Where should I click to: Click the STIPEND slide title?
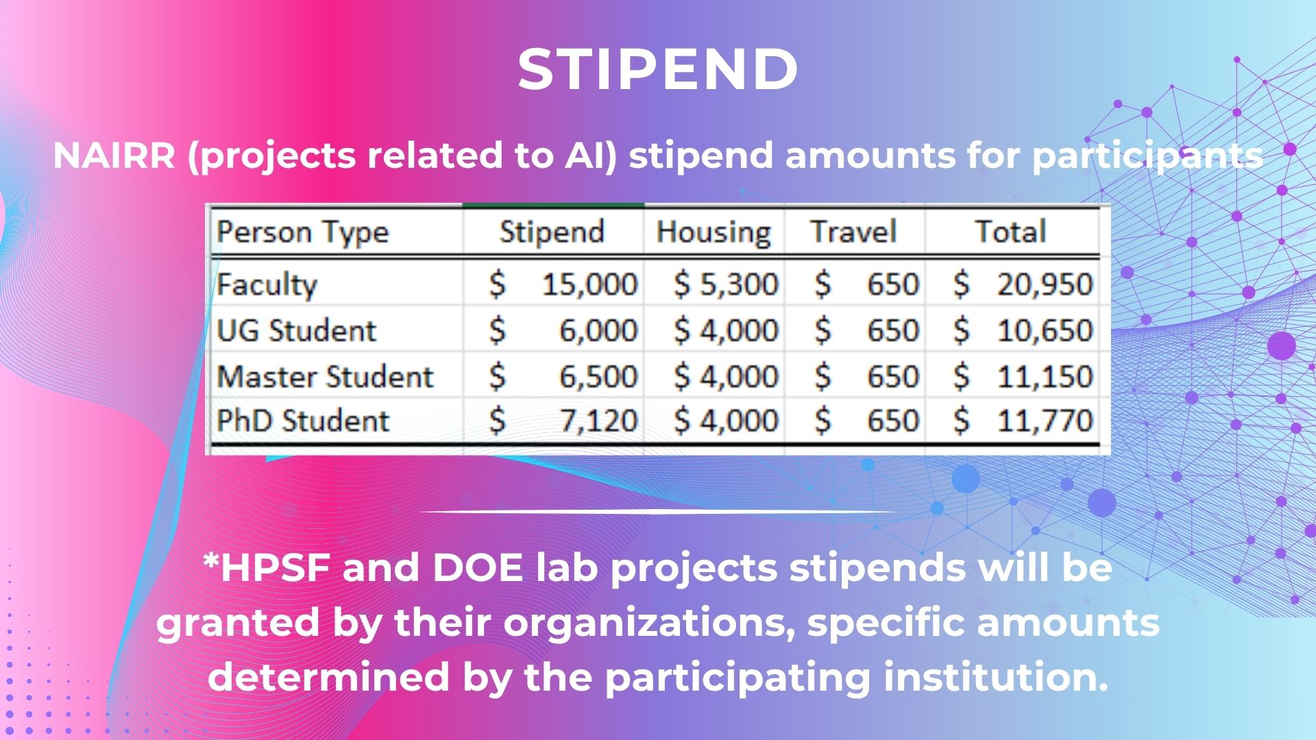[658, 69]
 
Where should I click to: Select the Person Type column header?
[303, 233]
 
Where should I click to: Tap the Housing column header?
[714, 233]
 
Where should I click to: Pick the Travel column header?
[853, 232]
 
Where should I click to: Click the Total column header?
[1011, 232]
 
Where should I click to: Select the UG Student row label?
[297, 331]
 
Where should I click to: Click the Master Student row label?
[326, 377]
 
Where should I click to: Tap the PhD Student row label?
[303, 421]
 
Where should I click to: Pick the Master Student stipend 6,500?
[599, 377]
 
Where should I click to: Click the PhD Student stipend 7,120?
[599, 421]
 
